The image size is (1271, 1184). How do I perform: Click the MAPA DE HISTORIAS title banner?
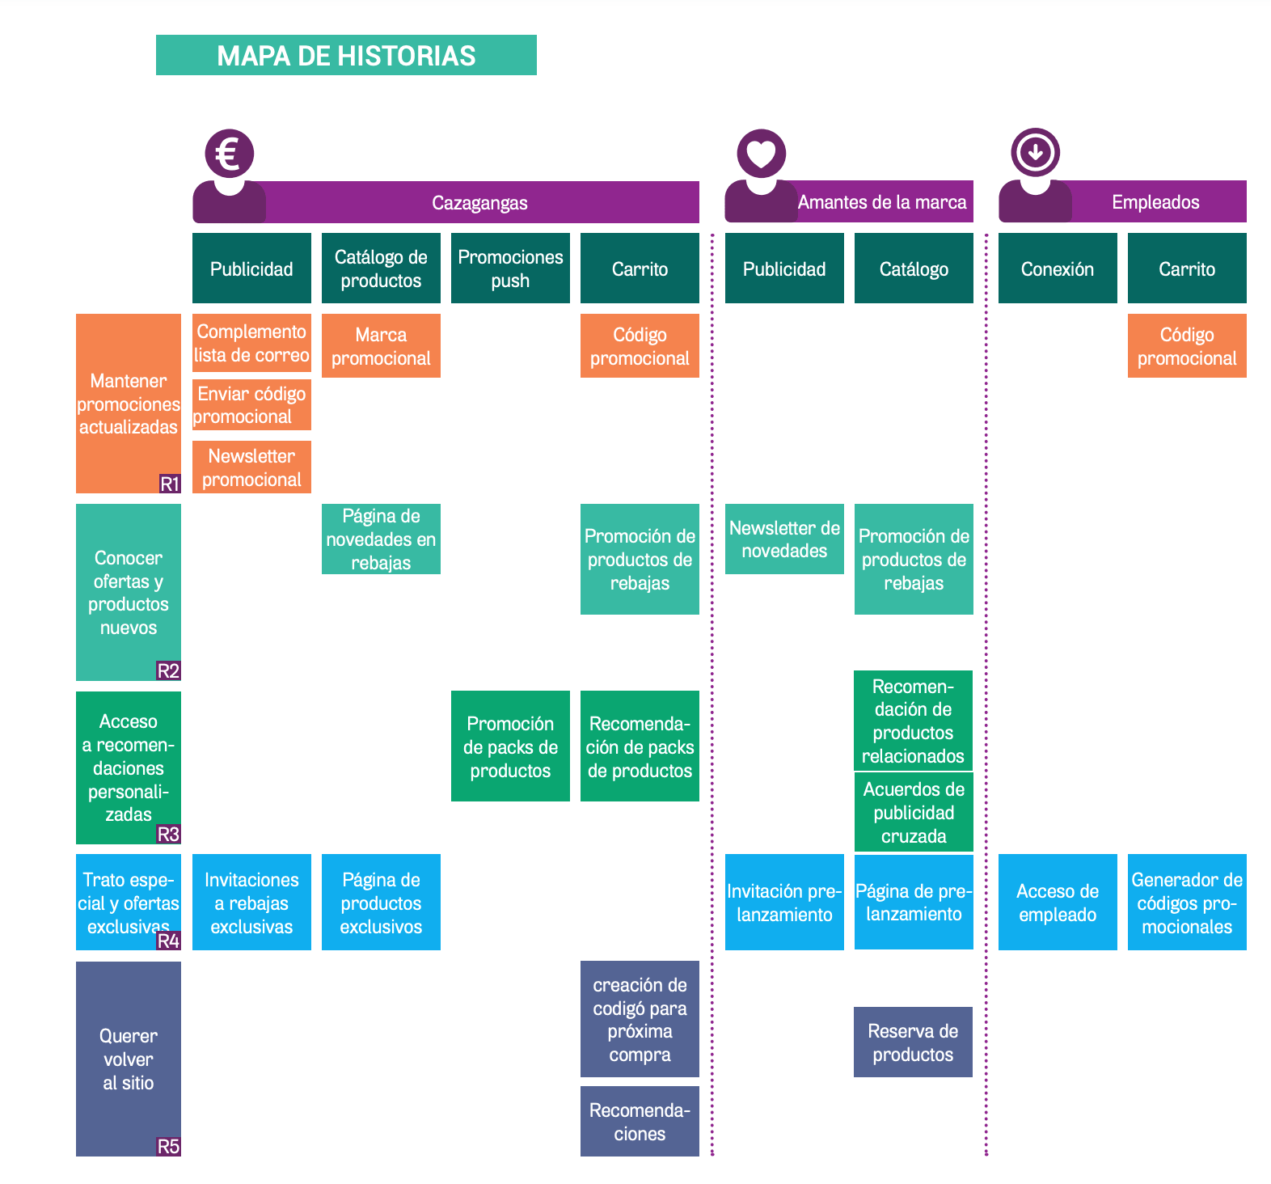tap(346, 55)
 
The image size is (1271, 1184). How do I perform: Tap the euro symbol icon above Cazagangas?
tap(229, 153)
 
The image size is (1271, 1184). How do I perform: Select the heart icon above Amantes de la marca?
tap(761, 153)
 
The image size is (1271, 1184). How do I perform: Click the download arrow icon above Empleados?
tap(1035, 152)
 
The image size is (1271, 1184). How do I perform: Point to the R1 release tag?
tap(170, 484)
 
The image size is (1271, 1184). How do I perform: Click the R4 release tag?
tap(168, 941)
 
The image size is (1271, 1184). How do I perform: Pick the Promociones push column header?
tap(510, 269)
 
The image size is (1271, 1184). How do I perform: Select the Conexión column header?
tap(1058, 269)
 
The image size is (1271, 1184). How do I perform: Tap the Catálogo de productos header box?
tap(381, 269)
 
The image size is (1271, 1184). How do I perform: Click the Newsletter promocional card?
tap(251, 467)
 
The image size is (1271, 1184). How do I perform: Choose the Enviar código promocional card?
tap(251, 405)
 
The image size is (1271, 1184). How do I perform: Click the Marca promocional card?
tap(381, 346)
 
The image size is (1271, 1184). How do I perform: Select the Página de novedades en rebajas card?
tap(381, 539)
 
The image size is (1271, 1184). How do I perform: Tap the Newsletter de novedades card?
tap(784, 539)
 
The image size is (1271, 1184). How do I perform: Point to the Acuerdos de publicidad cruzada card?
tap(914, 813)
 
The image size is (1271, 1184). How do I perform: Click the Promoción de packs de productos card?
tap(510, 746)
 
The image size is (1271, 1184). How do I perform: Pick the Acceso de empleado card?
tap(1058, 903)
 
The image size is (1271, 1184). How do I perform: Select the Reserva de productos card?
tap(913, 1042)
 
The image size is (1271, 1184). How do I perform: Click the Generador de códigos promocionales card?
tap(1187, 903)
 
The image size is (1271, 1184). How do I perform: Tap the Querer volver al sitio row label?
tap(128, 1059)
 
